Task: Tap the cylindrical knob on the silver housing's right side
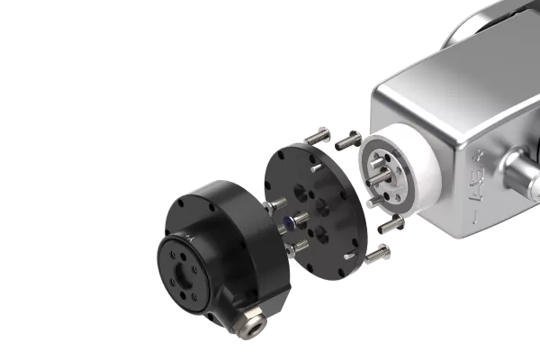[x=520, y=171]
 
